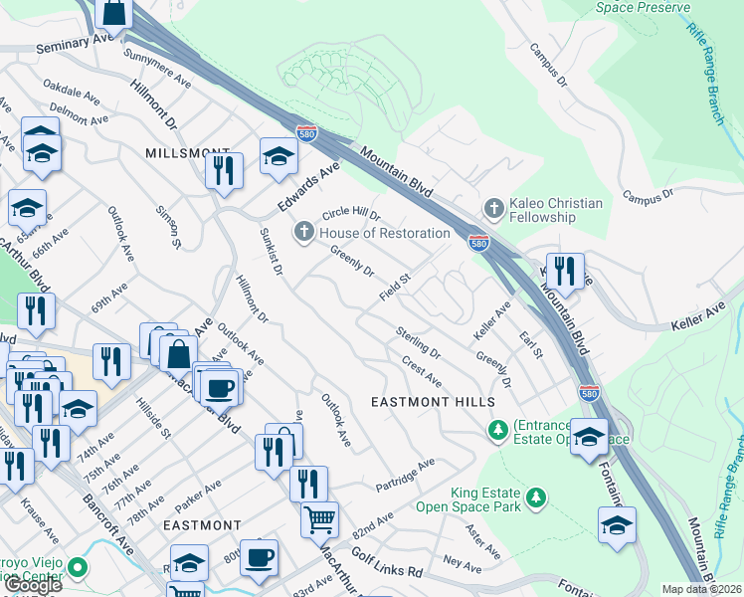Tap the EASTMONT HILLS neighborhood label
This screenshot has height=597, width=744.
(432, 401)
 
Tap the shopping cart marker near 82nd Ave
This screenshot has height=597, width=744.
(319, 517)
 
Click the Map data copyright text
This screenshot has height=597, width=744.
(701, 589)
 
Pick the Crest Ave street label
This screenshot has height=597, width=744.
(422, 373)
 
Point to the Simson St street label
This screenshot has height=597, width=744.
(168, 227)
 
